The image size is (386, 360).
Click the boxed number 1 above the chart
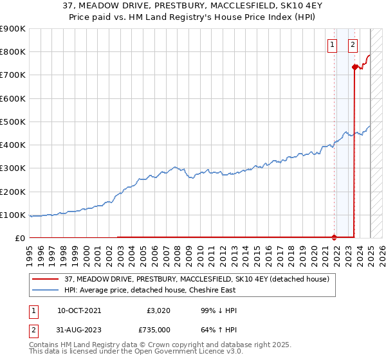[x=332, y=44]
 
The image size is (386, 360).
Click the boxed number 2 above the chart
[x=353, y=44]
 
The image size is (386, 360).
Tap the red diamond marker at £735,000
[x=354, y=67]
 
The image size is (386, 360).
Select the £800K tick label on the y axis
[x=13, y=52]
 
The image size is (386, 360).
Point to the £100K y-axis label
[x=13, y=215]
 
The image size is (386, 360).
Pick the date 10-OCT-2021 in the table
[x=79, y=310]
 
